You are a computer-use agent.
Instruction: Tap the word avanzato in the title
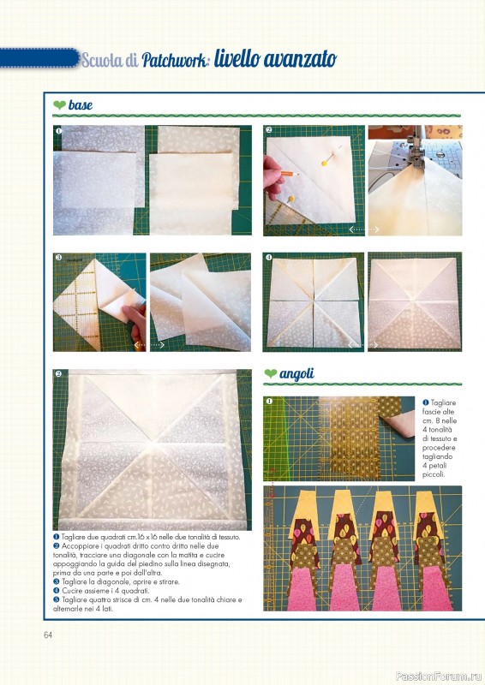click(301, 59)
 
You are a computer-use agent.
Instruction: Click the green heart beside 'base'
click(59, 104)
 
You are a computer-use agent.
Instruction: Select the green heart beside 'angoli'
click(271, 373)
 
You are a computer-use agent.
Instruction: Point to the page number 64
click(48, 634)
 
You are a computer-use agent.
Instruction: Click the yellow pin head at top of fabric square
click(325, 164)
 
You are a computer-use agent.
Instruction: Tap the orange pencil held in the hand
click(290, 174)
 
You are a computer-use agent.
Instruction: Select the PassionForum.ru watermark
click(439, 676)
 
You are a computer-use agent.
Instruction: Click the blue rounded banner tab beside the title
click(39, 58)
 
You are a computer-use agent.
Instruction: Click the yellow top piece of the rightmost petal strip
click(428, 512)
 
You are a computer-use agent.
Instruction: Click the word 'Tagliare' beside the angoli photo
click(443, 402)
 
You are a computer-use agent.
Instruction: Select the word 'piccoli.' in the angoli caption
click(434, 474)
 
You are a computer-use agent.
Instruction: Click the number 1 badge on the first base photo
click(58, 131)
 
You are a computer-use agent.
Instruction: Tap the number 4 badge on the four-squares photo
click(268, 258)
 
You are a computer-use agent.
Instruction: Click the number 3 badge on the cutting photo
click(58, 258)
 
